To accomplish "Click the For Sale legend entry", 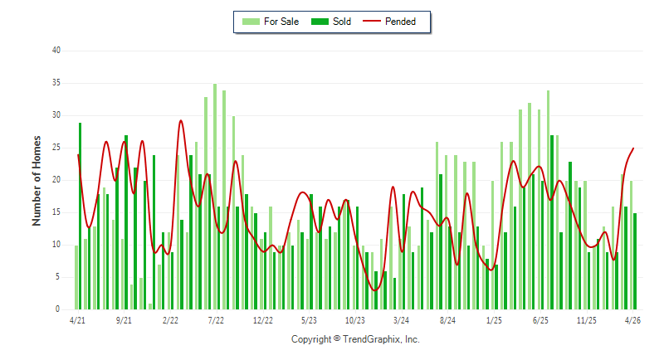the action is coord(271,22).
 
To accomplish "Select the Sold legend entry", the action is coord(330,22).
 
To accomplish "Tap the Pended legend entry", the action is coord(389,22).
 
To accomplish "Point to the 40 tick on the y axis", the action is coord(56,51).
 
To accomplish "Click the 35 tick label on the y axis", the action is coord(56,83).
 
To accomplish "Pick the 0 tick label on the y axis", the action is coord(57,309).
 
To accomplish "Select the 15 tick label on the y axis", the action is coord(56,212).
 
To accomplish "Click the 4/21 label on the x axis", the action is coord(77,320).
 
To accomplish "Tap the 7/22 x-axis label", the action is coord(216,320).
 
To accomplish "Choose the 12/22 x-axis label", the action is coord(263,320).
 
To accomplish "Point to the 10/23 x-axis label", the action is coord(355,320).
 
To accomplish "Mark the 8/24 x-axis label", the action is coord(447,320).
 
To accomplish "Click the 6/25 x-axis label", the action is coord(540,320).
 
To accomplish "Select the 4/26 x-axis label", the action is coord(632,320).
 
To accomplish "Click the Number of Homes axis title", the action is coord(37,181).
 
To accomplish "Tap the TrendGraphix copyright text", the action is coord(355,339).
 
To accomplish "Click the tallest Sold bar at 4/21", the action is coord(80,216).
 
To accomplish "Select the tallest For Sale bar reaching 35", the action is coord(215,197).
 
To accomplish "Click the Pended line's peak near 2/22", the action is coord(181,120).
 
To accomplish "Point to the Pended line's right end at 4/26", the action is coord(633,148).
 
